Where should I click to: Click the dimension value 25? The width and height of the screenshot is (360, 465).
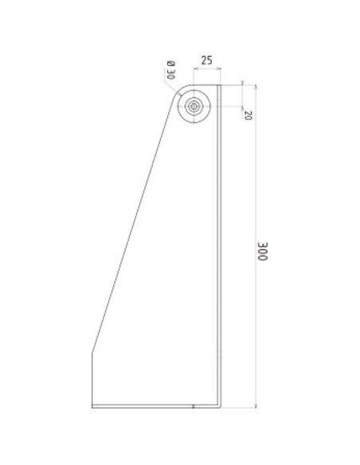point(207,61)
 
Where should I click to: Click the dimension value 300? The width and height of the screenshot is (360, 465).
point(263,252)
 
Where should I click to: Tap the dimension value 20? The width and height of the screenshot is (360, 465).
point(248,115)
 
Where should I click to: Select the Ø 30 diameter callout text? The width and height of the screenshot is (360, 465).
point(171,70)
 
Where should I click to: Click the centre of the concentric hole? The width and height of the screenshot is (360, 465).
point(194,106)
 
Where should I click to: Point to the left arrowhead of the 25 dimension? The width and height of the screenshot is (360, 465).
point(195,68)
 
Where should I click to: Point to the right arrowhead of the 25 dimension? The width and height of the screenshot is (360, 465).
point(219,68)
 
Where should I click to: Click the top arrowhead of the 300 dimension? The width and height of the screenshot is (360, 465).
point(256,87)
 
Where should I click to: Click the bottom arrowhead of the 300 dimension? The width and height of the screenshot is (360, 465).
point(256,405)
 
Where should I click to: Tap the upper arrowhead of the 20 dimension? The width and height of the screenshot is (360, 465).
point(242,83)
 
